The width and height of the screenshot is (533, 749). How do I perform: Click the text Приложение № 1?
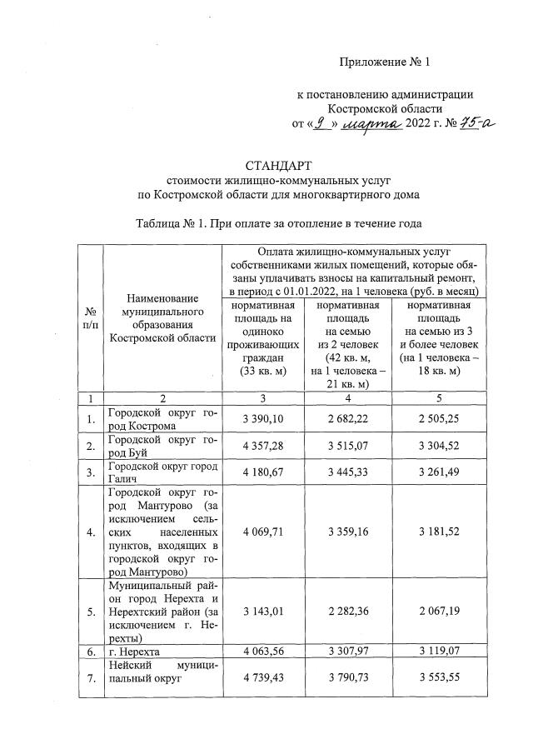tap(384, 62)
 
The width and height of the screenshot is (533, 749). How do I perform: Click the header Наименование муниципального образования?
tap(162, 317)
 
